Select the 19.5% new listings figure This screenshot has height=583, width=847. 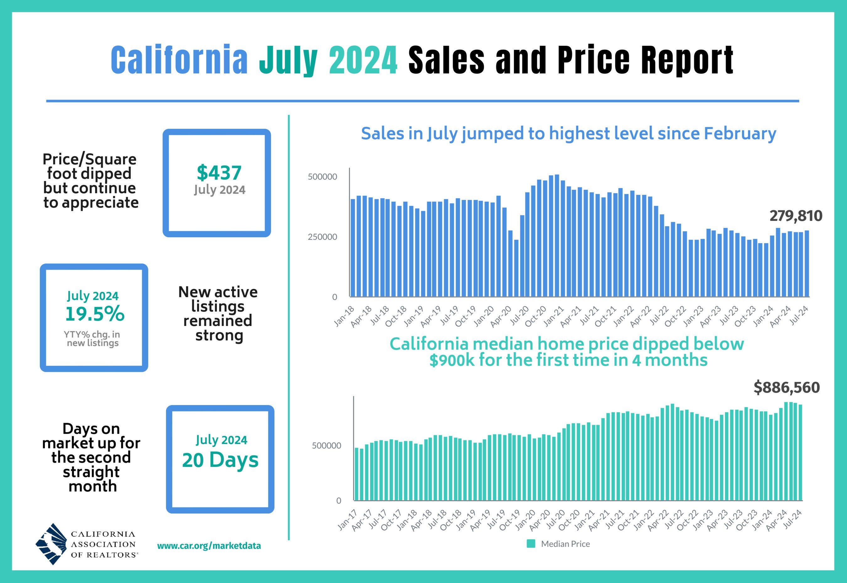click(95, 314)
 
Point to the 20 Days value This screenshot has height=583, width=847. click(220, 460)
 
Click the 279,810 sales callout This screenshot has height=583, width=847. click(796, 216)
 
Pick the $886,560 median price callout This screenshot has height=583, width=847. click(786, 387)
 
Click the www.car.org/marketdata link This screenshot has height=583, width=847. click(209, 546)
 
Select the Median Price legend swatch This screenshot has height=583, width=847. click(531, 543)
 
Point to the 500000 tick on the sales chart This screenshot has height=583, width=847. click(322, 177)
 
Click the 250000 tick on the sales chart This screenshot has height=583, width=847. click(322, 237)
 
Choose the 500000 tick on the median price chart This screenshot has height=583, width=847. click(326, 446)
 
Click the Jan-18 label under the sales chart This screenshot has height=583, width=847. click(344, 316)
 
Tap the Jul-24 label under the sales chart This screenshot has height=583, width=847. click(799, 316)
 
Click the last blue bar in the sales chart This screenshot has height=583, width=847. click(807, 263)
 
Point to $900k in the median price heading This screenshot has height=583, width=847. click(452, 360)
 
